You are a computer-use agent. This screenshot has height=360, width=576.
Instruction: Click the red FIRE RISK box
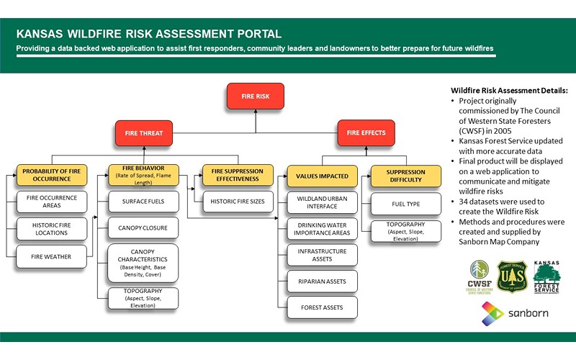(x=256, y=95)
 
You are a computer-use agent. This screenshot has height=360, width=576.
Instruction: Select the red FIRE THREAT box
(x=144, y=132)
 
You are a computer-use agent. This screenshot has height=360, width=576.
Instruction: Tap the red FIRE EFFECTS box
(x=366, y=132)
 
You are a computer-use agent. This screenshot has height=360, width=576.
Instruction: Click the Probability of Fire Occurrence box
(x=51, y=175)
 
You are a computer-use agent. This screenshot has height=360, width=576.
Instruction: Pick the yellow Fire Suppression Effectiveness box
(x=238, y=175)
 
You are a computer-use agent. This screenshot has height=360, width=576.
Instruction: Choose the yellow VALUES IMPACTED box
(x=322, y=175)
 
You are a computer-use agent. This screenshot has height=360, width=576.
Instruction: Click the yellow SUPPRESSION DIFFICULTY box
(x=405, y=176)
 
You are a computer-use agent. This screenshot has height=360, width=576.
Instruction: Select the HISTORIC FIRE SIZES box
(x=238, y=202)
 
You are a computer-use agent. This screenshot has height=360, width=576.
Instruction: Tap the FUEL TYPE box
(x=405, y=204)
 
